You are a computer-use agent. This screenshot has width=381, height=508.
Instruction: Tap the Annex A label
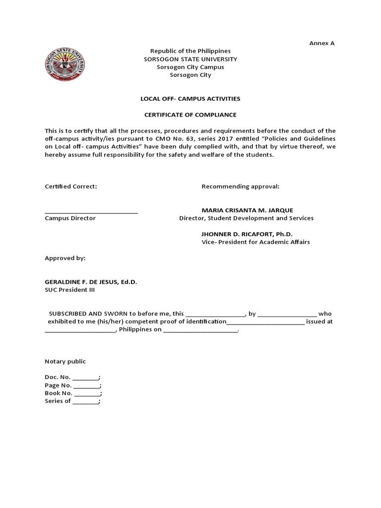coord(322,43)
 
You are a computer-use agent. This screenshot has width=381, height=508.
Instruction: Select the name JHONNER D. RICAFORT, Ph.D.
coord(244,234)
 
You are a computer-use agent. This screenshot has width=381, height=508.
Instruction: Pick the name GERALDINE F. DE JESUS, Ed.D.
coord(91,282)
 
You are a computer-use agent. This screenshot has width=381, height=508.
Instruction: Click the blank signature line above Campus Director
coord(91,212)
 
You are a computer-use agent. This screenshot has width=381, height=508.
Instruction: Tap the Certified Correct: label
coord(70,187)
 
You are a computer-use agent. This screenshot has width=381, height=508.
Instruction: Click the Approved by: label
coord(65,258)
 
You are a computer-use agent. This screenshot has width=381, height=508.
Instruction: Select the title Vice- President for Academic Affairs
coord(255,242)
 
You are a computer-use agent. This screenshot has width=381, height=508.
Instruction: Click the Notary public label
coord(65,362)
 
